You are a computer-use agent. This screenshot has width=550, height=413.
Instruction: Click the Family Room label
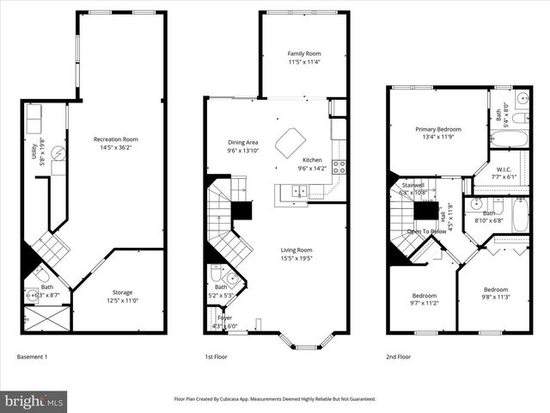[x=303, y=53]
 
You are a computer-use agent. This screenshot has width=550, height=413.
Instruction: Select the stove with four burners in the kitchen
[x=339, y=168]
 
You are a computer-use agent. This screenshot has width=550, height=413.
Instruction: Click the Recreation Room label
[x=116, y=139]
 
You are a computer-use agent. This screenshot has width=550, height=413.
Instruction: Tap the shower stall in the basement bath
[x=44, y=319]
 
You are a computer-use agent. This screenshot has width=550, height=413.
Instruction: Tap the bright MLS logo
[x=34, y=401]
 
